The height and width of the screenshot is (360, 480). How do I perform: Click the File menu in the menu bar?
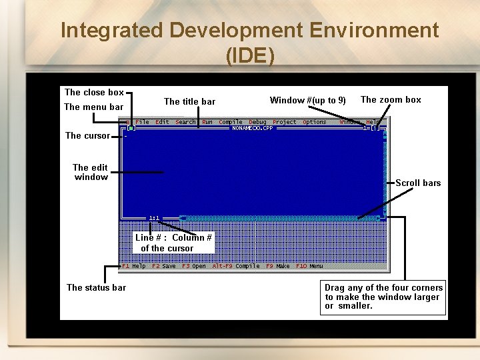(142, 122)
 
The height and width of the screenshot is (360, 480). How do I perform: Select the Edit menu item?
(162, 122)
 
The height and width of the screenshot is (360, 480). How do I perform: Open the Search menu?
(185, 122)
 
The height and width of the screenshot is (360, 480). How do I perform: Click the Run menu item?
(207, 122)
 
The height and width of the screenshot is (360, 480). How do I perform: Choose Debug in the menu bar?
(257, 122)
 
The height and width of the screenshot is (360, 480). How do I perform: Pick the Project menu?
(285, 122)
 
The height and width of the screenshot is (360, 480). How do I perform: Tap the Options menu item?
(315, 122)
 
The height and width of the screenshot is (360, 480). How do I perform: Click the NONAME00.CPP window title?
(247, 128)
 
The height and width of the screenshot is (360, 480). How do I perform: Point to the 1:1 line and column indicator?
(154, 217)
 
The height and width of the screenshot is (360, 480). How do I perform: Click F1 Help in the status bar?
(134, 266)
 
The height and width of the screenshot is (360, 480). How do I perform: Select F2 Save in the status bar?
(164, 266)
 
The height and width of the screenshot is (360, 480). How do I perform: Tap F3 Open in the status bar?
(194, 266)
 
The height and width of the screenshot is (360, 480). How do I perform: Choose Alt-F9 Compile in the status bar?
(236, 266)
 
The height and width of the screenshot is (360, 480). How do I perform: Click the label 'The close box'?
(94, 93)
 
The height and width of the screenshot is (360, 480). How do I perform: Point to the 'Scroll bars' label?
(418, 183)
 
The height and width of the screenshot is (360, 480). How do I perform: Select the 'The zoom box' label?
(391, 100)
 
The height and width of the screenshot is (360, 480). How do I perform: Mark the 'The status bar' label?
(96, 287)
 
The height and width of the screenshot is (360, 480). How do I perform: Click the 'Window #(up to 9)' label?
(307, 101)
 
